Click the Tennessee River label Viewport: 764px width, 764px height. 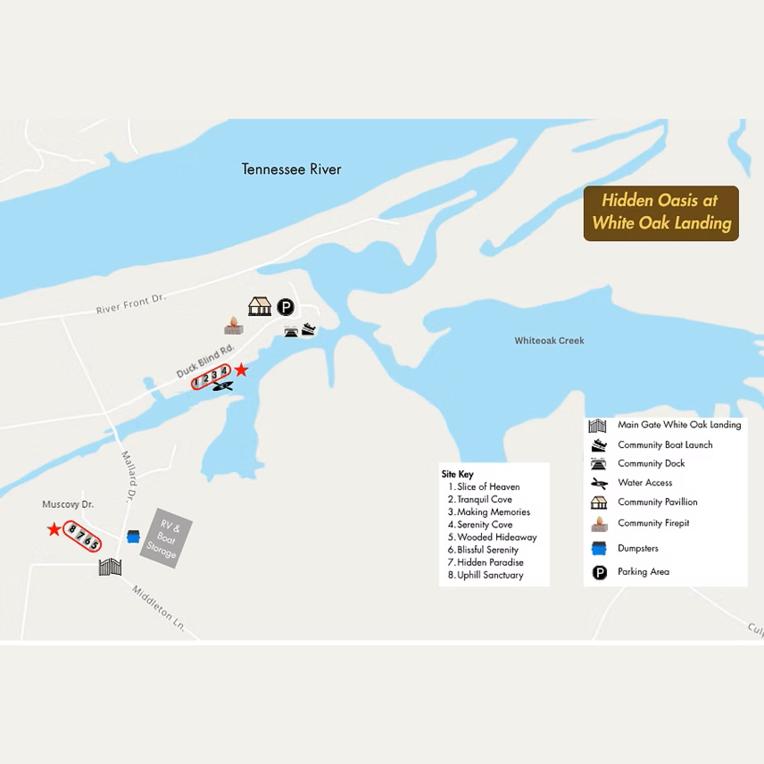click(291, 169)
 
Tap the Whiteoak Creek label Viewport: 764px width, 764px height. click(549, 341)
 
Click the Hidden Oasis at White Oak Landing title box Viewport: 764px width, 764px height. click(661, 213)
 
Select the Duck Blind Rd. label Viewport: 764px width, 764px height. click(205, 361)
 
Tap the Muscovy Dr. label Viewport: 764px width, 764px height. click(68, 505)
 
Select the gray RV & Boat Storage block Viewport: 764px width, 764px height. click(166, 538)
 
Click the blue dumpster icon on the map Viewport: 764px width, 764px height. click(133, 536)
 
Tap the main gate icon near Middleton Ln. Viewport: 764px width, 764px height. click(110, 567)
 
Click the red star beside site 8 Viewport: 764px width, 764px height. click(54, 529)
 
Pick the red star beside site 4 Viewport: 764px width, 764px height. click(241, 370)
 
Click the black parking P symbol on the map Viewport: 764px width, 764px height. click(285, 307)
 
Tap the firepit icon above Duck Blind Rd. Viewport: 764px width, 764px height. click(234, 326)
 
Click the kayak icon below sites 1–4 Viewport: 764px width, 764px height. click(223, 386)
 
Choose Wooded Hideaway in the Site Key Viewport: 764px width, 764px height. click(497, 537)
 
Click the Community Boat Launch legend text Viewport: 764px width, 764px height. click(665, 445)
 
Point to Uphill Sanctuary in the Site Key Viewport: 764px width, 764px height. click(490, 575)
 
